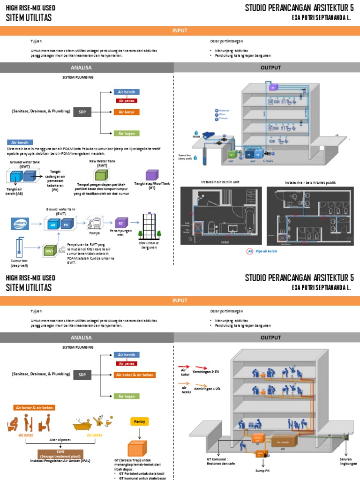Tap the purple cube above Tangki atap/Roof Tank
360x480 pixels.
[151, 176]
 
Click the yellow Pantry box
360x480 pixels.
[139, 421]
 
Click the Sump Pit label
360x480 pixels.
[262, 470]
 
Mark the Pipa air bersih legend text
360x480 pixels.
[268, 252]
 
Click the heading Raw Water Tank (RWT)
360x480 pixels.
[102, 163]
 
